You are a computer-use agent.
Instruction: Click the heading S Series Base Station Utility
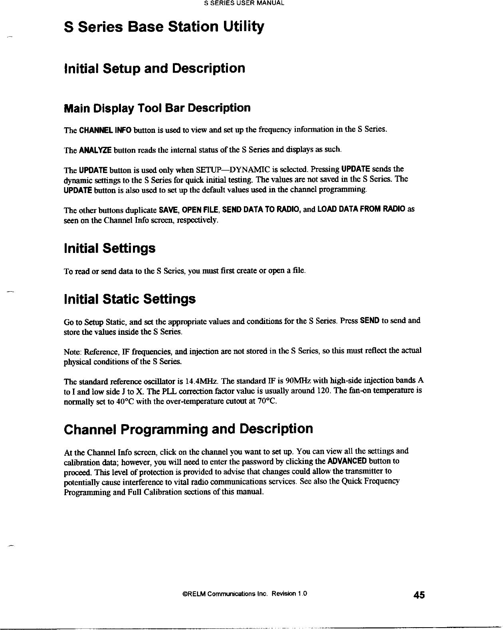(x=164, y=27)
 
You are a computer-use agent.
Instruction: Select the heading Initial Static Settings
(x=130, y=299)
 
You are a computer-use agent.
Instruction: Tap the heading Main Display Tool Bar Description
(x=157, y=108)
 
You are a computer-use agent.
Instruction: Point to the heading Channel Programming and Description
(x=188, y=429)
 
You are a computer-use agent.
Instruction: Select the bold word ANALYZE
(x=95, y=150)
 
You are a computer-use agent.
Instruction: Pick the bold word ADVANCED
(x=347, y=462)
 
